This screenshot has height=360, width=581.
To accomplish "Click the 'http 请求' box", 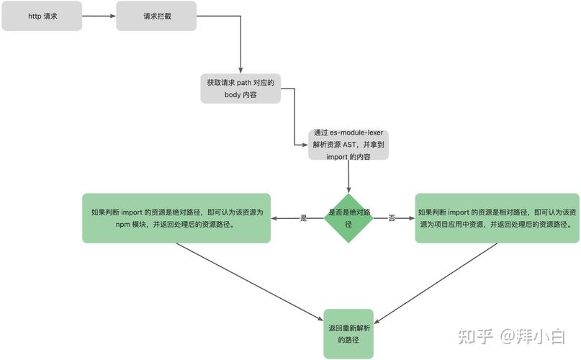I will pyautogui.click(x=42, y=16).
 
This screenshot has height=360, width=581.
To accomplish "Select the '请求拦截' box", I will pyautogui.click(x=156, y=16).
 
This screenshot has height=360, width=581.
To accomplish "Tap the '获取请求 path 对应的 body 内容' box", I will pyautogui.click(x=240, y=88).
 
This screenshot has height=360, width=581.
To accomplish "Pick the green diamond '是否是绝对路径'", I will pyautogui.click(x=348, y=217).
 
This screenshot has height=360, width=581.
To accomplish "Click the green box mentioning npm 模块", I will pyautogui.click(x=176, y=217).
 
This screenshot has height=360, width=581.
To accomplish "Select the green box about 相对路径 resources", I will pyautogui.click(x=497, y=217).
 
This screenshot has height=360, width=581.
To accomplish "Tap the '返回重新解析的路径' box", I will pyautogui.click(x=348, y=333).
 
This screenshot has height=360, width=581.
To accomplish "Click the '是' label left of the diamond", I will pyautogui.click(x=303, y=217).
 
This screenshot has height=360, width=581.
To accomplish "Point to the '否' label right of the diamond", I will pyautogui.click(x=392, y=217).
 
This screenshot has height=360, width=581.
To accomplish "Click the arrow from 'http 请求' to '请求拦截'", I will pyautogui.click(x=99, y=16).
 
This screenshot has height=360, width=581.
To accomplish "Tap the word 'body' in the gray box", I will pyautogui.click(x=233, y=94).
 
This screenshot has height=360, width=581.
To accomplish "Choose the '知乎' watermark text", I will pyautogui.click(x=476, y=336).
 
